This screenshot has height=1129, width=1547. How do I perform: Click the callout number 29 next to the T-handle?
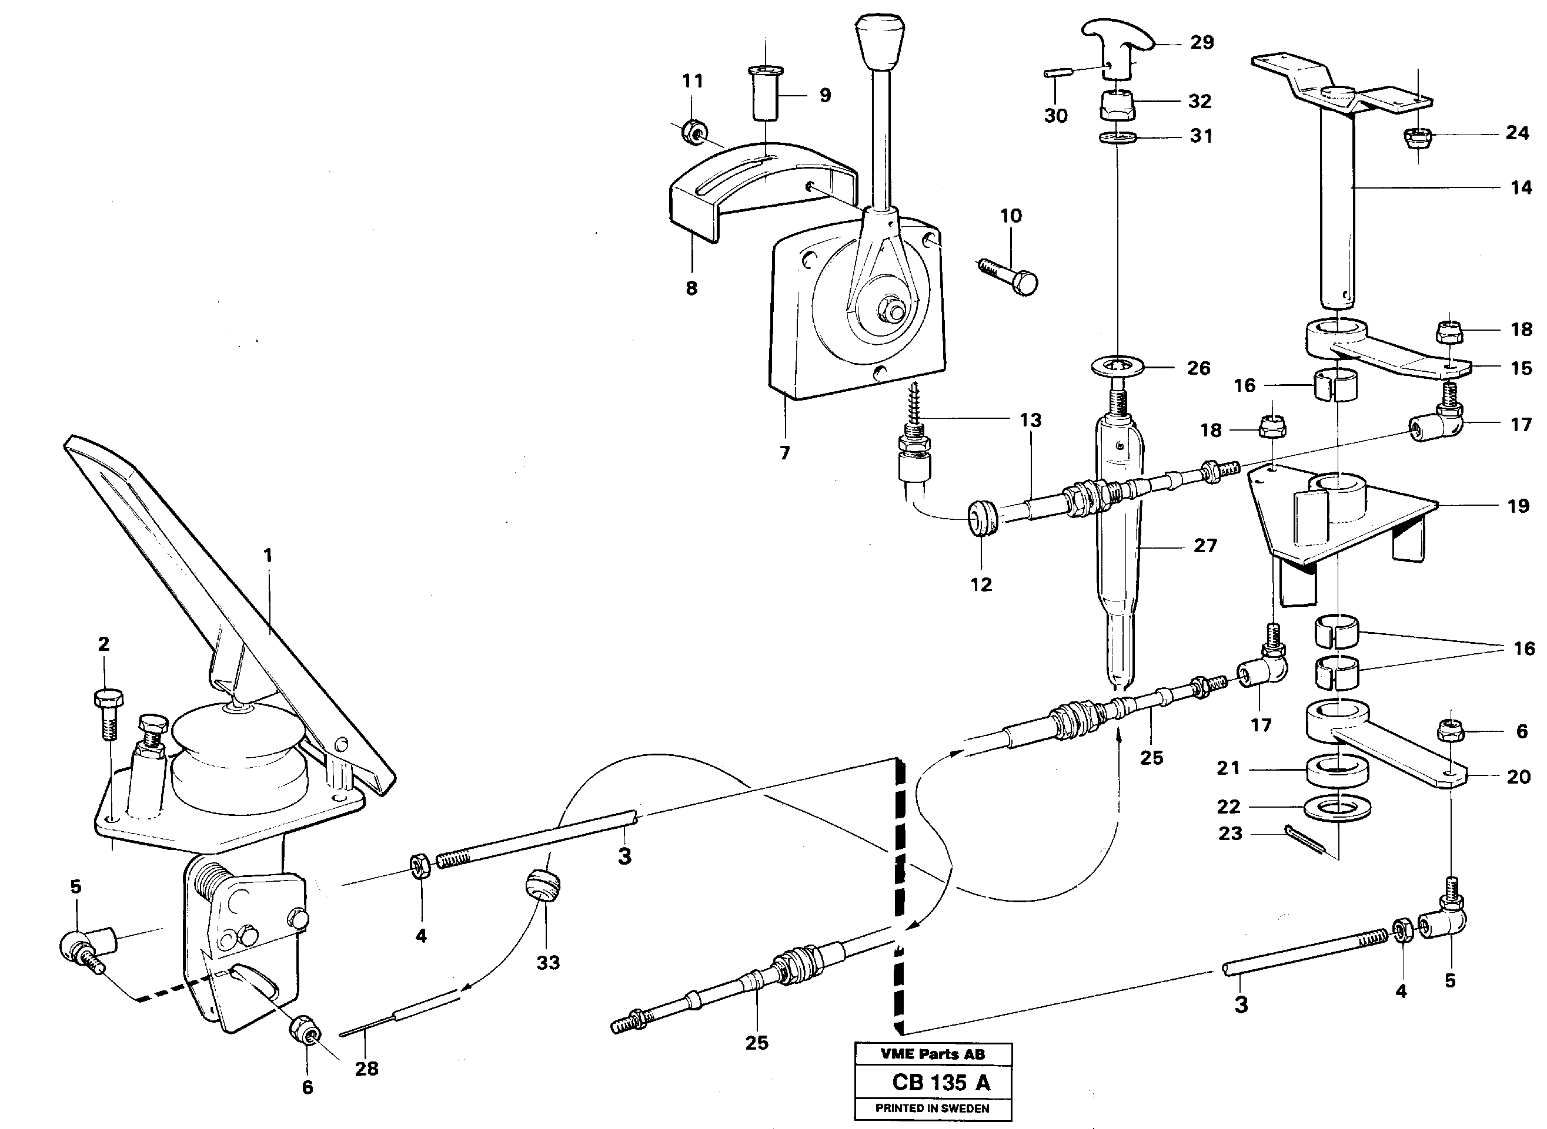point(1202,42)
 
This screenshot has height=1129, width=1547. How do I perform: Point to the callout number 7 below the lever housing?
point(784,453)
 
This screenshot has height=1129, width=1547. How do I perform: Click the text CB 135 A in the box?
point(940,1083)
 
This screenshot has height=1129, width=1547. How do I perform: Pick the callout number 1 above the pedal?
point(268,556)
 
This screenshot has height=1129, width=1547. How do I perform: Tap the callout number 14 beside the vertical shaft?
point(1521,187)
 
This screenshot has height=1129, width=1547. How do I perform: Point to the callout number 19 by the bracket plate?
point(1518,506)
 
